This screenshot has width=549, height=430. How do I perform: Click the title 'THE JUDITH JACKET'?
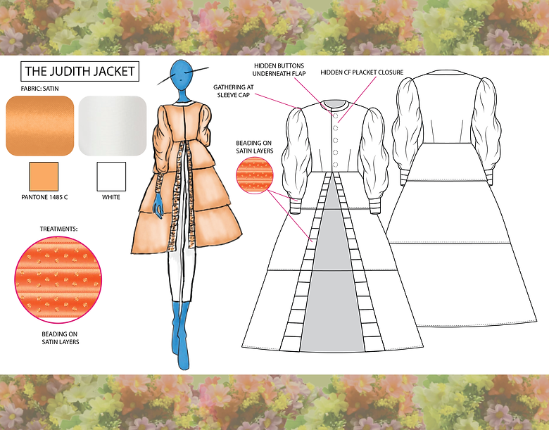pyautogui.click(x=79, y=71)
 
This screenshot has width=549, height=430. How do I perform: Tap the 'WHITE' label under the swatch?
pyautogui.click(x=111, y=197)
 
